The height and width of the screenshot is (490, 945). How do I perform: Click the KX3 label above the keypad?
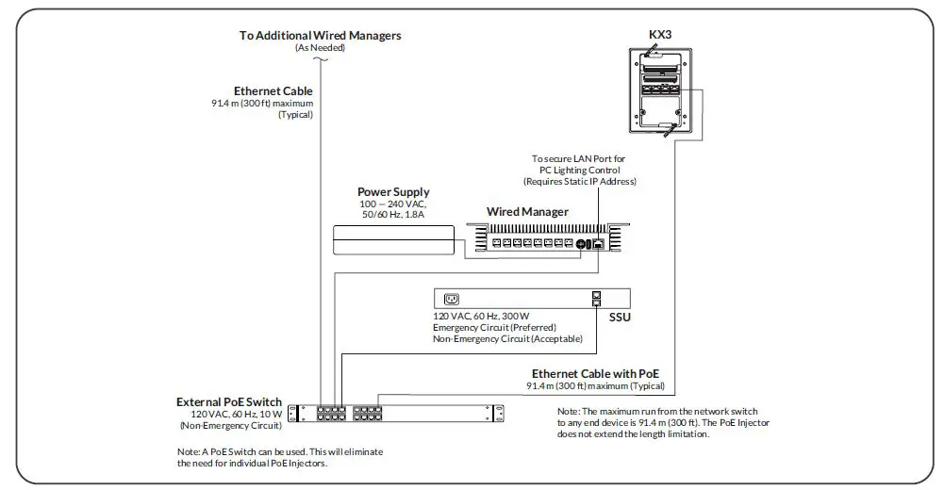pos(660,35)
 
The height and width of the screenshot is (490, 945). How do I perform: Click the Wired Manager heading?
pos(527,212)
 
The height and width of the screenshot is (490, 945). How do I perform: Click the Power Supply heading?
pos(393,192)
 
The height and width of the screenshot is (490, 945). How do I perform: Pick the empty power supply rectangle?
pos(393,241)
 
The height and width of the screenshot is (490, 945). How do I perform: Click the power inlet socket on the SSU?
pos(451,299)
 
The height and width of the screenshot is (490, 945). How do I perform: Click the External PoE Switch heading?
pos(229,402)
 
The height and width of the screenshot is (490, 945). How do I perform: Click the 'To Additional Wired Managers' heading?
pos(320,35)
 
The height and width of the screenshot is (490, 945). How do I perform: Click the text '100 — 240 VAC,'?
pos(393,204)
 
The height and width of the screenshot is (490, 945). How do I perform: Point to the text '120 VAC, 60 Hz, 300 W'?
pos(481,317)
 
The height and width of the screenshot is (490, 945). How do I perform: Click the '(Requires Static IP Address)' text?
pos(579,181)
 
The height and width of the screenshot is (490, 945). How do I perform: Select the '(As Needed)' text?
pos(320,47)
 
